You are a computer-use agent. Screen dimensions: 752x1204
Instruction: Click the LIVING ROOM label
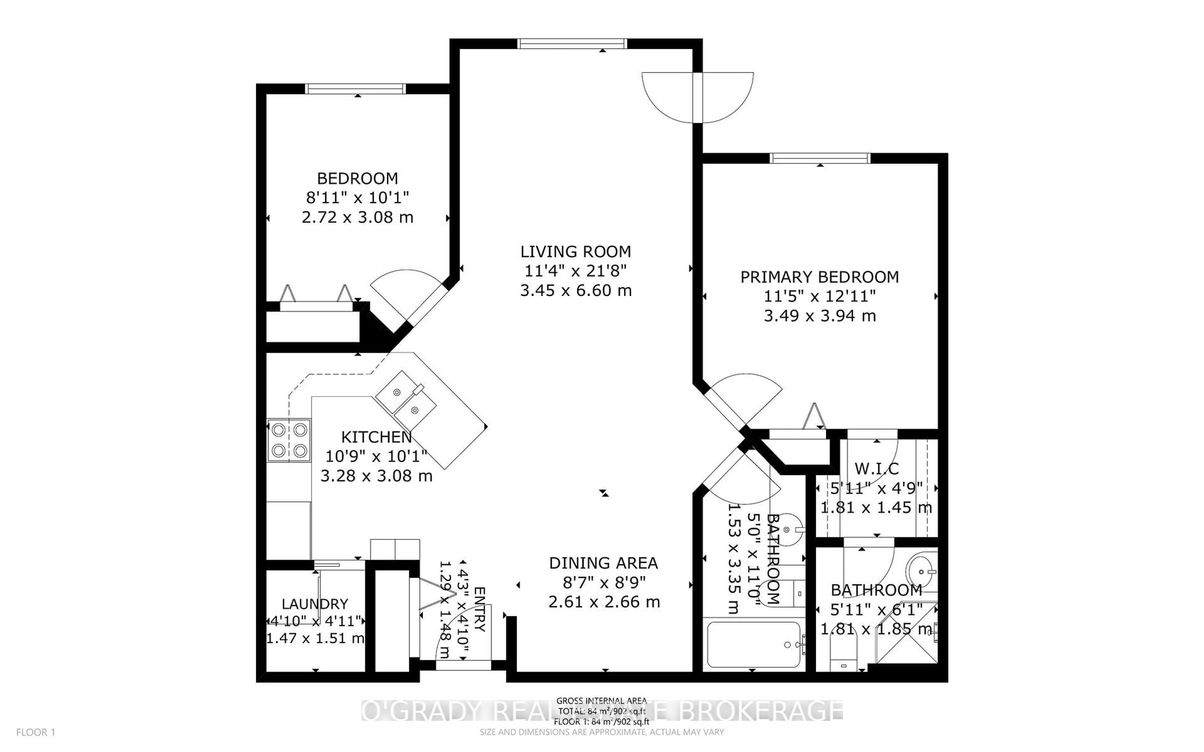coord(576,252)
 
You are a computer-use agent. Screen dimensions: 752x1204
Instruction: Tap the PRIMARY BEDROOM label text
coord(819,277)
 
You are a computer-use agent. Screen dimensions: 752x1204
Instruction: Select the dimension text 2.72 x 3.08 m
coord(357,217)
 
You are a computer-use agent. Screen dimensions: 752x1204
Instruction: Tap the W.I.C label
coord(877,468)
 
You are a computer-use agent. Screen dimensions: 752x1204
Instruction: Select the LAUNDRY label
coord(314,604)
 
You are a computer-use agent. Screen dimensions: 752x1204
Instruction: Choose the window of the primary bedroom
coord(820,158)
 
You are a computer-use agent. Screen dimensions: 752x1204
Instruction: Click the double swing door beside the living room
coord(698,97)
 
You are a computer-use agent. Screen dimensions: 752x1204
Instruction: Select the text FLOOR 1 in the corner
coord(35,732)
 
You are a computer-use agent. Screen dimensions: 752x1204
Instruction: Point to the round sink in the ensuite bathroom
coord(921,572)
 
